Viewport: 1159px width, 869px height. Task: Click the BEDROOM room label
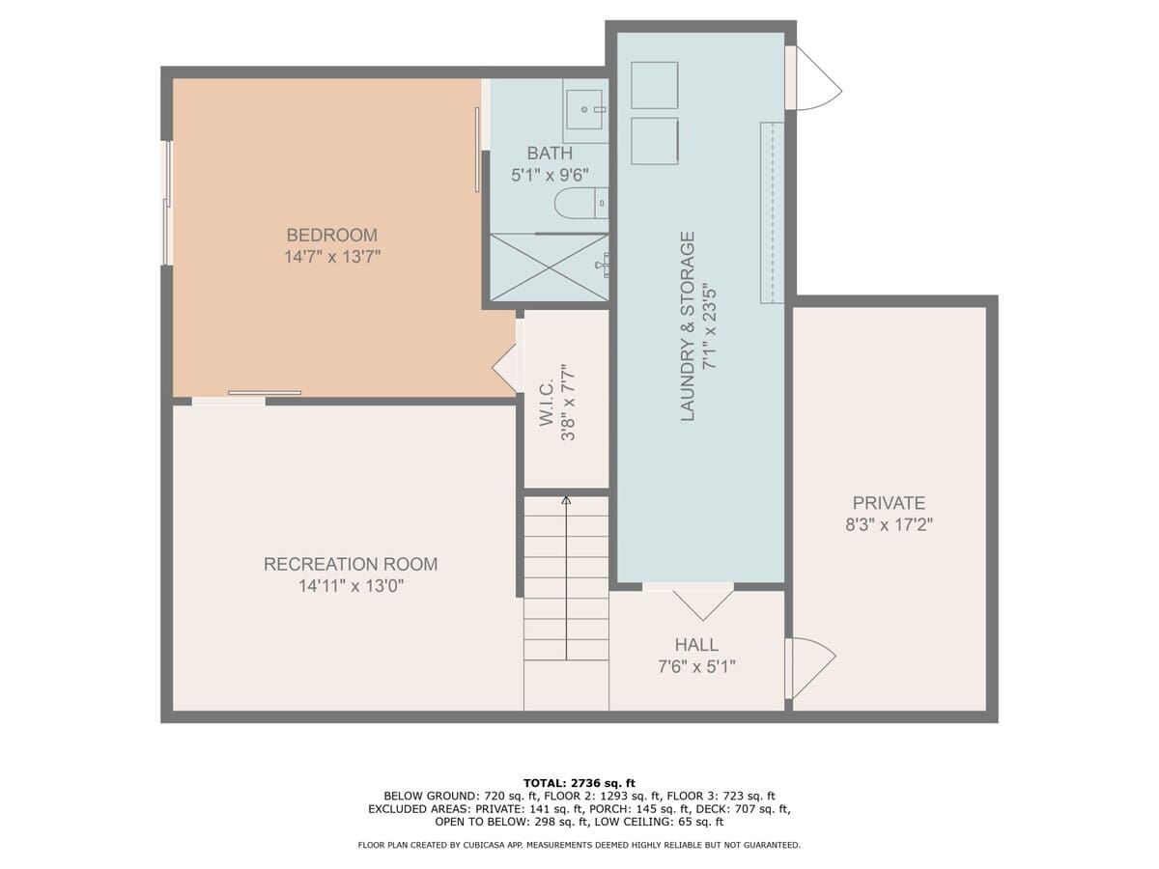click(x=331, y=235)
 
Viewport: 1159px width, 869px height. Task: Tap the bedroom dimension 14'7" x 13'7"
click(x=331, y=257)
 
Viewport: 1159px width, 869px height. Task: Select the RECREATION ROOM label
click(x=351, y=564)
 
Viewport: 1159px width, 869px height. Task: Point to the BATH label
click(x=549, y=154)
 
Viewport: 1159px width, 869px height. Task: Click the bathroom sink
click(x=585, y=110)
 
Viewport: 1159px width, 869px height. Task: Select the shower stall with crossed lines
click(x=549, y=267)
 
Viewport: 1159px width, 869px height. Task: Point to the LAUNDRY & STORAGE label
click(x=688, y=326)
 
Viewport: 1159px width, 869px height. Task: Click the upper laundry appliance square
click(x=654, y=85)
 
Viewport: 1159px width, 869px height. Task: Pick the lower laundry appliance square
click(x=654, y=141)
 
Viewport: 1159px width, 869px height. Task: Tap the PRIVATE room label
click(x=889, y=503)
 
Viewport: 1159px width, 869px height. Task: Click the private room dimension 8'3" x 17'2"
click(x=889, y=525)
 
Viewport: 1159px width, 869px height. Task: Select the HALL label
click(x=696, y=645)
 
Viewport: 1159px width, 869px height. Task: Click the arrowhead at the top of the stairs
click(x=566, y=500)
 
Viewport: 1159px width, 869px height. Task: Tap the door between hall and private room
click(x=809, y=667)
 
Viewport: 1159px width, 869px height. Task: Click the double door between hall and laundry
click(x=702, y=601)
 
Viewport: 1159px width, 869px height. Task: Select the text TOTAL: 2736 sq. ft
click(x=579, y=783)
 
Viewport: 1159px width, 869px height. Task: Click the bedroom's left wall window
click(x=167, y=203)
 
